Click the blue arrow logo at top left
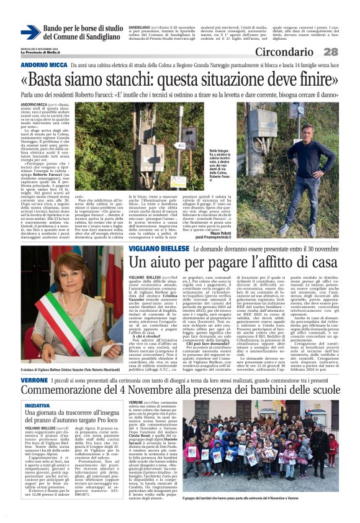click(30, 32)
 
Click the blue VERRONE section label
click(33, 362)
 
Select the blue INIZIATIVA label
click(37, 388)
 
